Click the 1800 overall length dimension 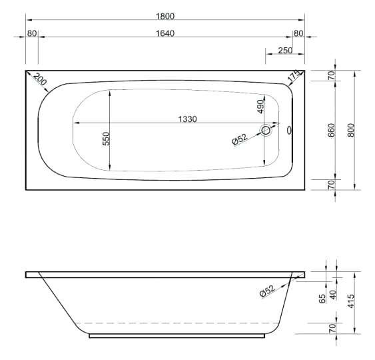click(x=165, y=16)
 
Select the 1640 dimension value click(x=165, y=33)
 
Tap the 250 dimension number click(x=285, y=50)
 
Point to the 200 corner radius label click(x=40, y=79)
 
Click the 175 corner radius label click(x=294, y=75)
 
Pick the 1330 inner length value click(x=188, y=119)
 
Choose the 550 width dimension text click(x=106, y=139)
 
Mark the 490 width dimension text click(x=260, y=107)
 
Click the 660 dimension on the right click(x=332, y=131)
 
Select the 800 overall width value click(x=350, y=130)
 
